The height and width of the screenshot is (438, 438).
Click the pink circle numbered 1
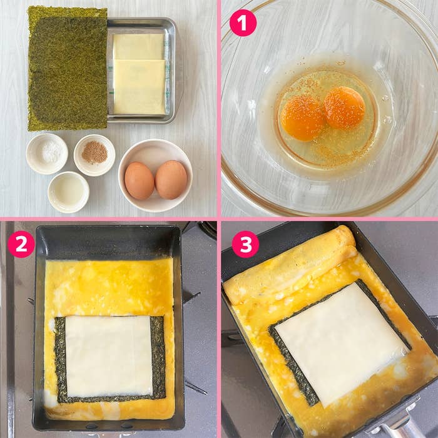pyautogui.click(x=243, y=23)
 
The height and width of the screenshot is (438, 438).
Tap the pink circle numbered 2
pyautogui.click(x=21, y=244)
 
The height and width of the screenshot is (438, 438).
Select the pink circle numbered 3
pyautogui.click(x=245, y=244)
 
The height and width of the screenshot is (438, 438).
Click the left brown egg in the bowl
pyautogui.click(x=139, y=180)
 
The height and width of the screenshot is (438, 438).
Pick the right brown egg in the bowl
pyautogui.click(x=171, y=180)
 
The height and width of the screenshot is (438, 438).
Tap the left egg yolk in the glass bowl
pyautogui.click(x=302, y=118)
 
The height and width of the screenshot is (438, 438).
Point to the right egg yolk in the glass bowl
pyautogui.click(x=344, y=108)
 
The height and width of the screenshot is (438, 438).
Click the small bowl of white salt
pyautogui.click(x=47, y=153)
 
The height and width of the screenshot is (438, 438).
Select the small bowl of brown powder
pyautogui.click(x=94, y=154)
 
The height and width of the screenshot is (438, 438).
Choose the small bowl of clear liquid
pyautogui.click(x=68, y=191)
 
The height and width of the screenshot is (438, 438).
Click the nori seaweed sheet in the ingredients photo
pyautogui.click(x=68, y=69)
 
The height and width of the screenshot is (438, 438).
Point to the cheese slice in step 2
pyautogui.click(x=109, y=355)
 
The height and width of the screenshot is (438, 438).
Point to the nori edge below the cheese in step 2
pyautogui.click(x=109, y=398)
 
